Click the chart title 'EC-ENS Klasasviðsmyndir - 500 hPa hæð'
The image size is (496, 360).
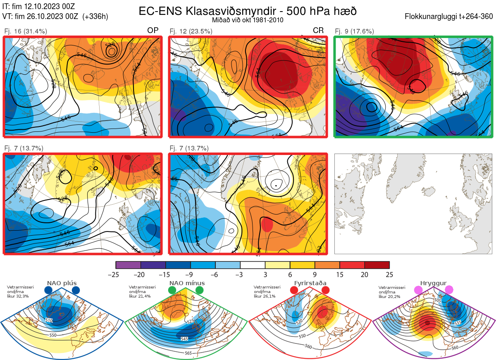pyautogui.click(x=248, y=11)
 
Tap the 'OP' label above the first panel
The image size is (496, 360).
pyautogui.click(x=153, y=31)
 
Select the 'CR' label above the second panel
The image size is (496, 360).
pyautogui.click(x=318, y=31)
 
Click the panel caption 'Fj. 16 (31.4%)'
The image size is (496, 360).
pyautogui.click(x=25, y=31)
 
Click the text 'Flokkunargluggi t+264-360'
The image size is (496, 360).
pyautogui.click(x=450, y=17)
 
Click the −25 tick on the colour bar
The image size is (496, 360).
pyautogui.click(x=116, y=274)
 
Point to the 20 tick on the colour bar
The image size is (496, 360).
pyautogui.click(x=365, y=274)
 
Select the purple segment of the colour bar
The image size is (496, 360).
pyautogui.click(x=129, y=265)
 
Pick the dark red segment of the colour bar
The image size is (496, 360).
pyautogui.click(x=377, y=265)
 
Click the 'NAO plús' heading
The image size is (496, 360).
pyautogui.click(x=62, y=283)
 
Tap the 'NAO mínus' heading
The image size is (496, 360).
pyautogui.click(x=187, y=283)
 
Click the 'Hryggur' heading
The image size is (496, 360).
pyautogui.click(x=434, y=283)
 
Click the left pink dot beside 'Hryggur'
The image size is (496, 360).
pyautogui.click(x=419, y=291)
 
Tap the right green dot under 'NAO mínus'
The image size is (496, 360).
pyautogui.click(x=200, y=291)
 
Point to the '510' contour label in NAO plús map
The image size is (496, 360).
pyautogui.click(x=49, y=320)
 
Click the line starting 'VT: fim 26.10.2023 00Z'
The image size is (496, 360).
pyautogui.click(x=55, y=17)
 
